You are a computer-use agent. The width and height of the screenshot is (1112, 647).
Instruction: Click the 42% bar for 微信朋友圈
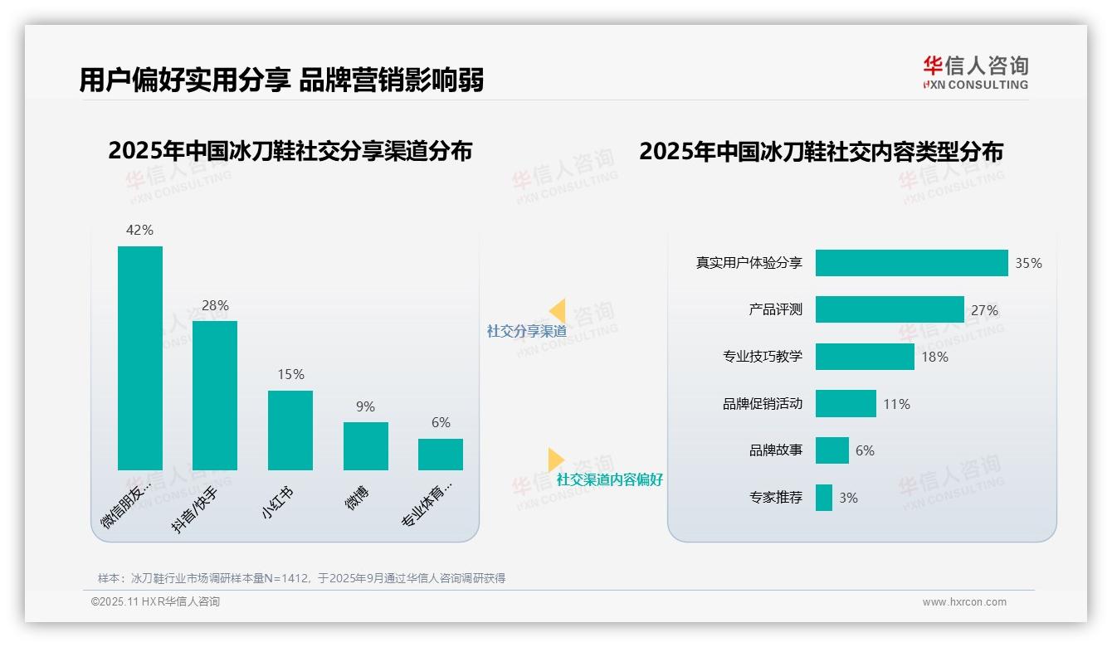point(140,358)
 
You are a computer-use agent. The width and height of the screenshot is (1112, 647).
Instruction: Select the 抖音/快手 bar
point(215,395)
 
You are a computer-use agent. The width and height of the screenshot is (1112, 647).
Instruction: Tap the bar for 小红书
point(290,430)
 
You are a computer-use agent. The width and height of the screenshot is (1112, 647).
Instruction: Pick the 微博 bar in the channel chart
point(366,445)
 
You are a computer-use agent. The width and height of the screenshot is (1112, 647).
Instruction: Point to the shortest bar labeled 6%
point(441,454)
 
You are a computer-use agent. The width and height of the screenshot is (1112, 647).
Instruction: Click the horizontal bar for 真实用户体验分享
point(911,263)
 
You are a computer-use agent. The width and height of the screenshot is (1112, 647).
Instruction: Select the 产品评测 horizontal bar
point(890,309)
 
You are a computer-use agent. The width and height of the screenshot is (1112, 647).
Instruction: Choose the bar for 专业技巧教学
point(865,357)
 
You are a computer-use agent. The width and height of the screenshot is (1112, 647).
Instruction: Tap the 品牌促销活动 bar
point(846,404)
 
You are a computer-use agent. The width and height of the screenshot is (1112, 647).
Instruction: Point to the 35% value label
point(1028,263)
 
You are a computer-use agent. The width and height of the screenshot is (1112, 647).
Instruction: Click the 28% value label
point(215,306)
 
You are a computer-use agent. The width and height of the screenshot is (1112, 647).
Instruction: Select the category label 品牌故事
point(776,451)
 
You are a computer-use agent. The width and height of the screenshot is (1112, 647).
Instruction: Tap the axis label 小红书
point(279,503)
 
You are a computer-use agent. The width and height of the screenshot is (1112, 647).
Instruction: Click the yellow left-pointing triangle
point(558,311)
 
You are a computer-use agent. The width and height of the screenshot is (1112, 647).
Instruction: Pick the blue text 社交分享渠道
point(526,331)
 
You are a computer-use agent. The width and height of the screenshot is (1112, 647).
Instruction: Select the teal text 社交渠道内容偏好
point(609,479)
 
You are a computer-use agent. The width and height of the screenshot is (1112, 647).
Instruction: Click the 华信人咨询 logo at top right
point(975,73)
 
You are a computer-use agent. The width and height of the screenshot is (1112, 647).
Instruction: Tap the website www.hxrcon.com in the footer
point(964,602)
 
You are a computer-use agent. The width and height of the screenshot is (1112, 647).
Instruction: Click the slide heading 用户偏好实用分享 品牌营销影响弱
point(281,80)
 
